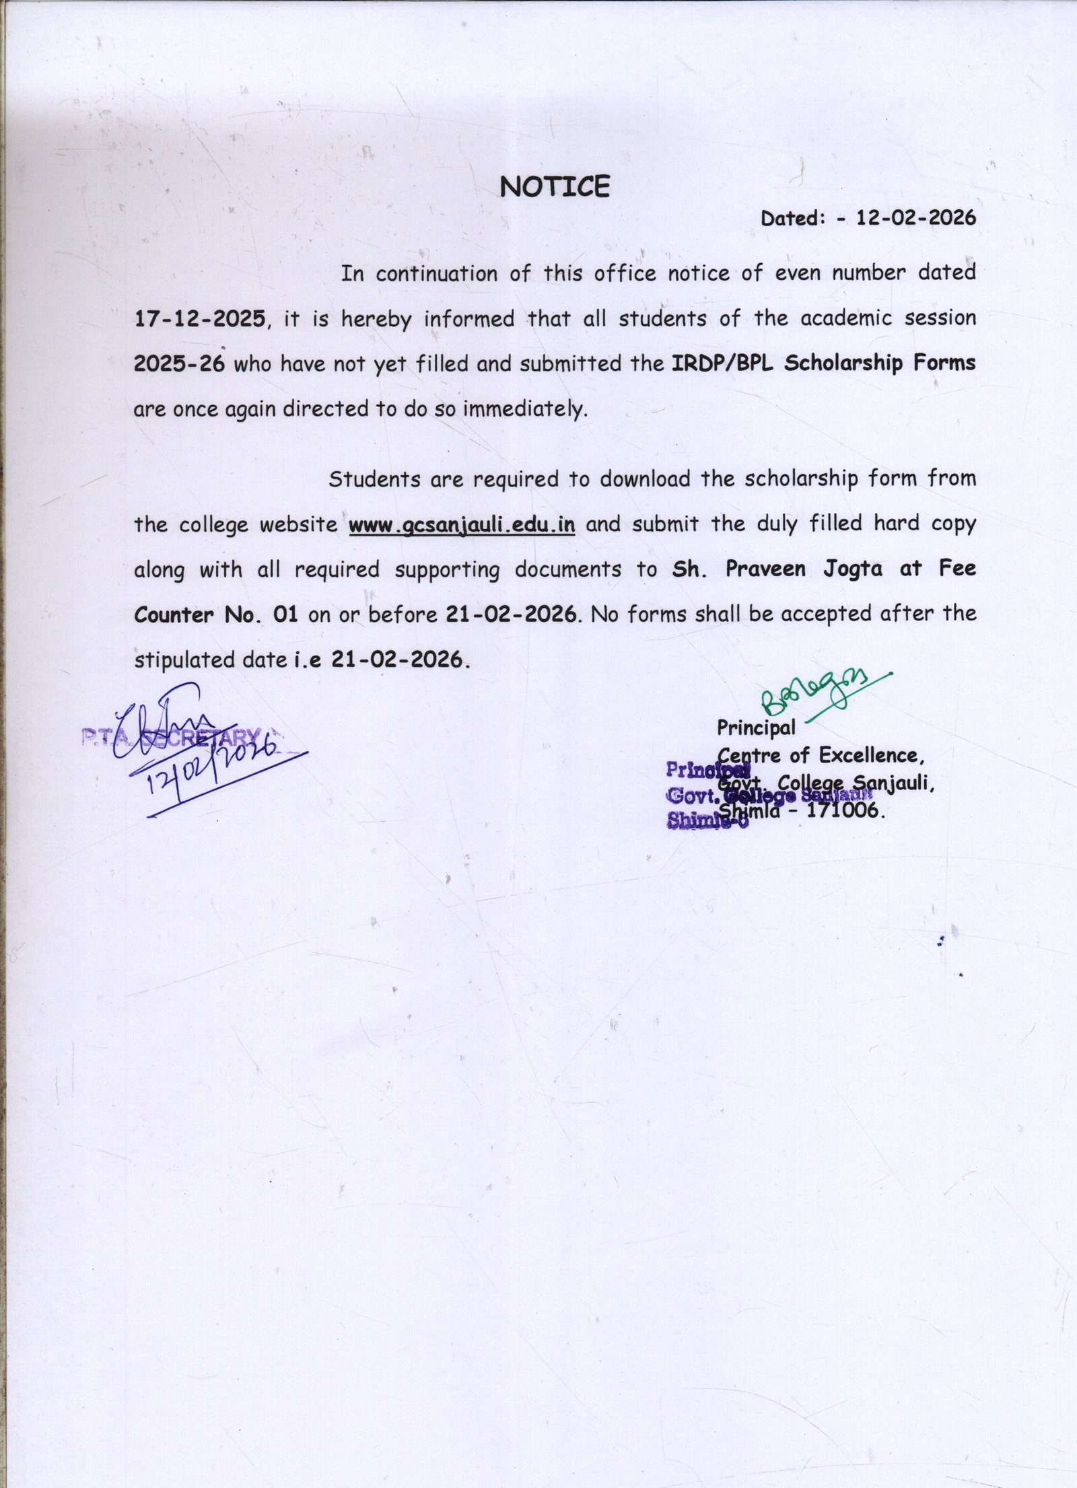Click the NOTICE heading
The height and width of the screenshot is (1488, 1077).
coord(554,186)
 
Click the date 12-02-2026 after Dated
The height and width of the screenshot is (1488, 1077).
coord(915,218)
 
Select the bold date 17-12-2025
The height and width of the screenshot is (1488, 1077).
coord(200,318)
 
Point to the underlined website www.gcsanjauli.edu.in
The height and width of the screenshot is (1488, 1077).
coord(462,524)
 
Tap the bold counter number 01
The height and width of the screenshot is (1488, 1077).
coord(285,614)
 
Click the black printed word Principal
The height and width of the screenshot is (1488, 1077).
coord(755,728)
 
